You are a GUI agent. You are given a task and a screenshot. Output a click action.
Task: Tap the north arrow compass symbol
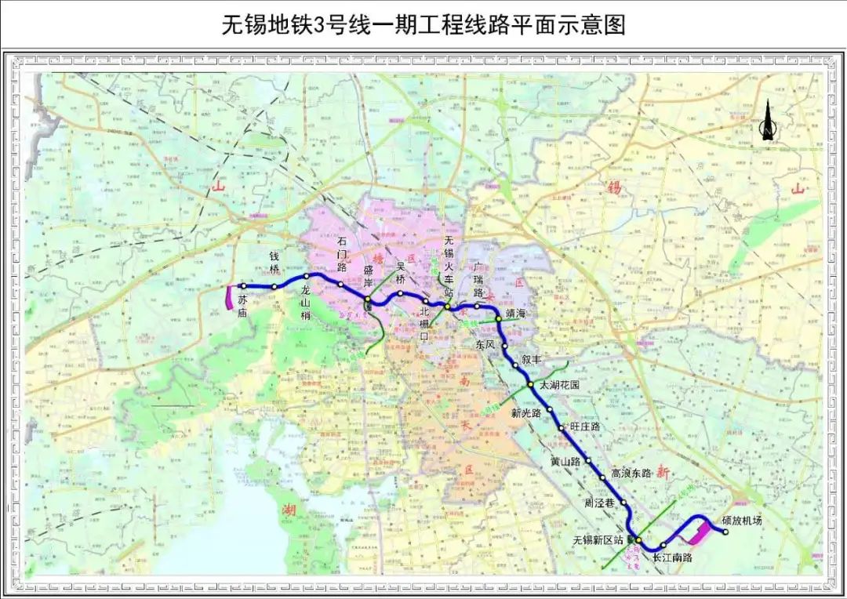[x=768, y=122]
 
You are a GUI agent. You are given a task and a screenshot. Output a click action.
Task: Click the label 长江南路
[x=672, y=557]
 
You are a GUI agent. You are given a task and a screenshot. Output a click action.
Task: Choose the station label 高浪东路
[x=631, y=473]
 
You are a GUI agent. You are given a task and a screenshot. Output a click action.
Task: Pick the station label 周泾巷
[x=602, y=502]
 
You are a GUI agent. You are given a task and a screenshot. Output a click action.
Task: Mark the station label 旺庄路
[x=585, y=426]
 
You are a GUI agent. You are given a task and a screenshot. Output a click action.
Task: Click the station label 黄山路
[x=565, y=462]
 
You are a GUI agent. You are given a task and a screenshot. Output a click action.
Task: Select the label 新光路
[x=526, y=412]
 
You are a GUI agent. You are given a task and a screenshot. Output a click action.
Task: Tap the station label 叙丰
[x=532, y=360]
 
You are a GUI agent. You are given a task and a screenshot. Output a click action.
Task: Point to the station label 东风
[x=485, y=344]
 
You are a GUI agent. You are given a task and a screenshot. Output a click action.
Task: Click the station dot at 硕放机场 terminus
[x=725, y=532]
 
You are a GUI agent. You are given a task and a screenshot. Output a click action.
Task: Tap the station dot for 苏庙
[x=243, y=286]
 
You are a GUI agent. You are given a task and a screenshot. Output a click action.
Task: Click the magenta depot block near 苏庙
[x=228, y=298]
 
